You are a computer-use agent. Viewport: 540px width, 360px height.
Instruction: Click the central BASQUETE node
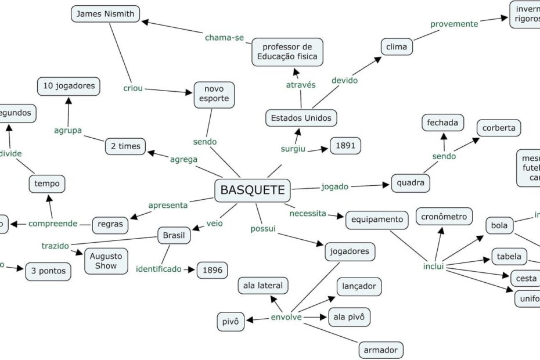253,190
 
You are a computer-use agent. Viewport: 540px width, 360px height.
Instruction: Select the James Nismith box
106,14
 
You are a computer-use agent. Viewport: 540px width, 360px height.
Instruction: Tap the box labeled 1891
345,146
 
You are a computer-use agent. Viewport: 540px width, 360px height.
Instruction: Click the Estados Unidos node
301,118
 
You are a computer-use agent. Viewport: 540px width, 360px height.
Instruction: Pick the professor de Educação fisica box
287,52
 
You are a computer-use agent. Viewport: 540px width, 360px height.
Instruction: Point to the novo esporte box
214,94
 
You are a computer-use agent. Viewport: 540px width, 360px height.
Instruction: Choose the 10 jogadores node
69,86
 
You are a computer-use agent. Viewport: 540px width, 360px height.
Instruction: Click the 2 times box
125,146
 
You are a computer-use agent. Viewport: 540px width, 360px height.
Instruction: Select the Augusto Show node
106,261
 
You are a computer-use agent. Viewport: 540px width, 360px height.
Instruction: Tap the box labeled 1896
212,269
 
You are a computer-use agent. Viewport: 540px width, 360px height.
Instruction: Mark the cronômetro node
444,217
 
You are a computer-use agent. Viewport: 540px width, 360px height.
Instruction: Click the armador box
380,350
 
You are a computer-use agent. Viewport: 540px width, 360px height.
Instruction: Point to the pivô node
231,321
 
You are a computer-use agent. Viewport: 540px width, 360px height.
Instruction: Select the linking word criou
133,88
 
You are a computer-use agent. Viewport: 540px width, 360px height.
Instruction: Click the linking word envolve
286,318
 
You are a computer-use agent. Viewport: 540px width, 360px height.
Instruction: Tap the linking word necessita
307,213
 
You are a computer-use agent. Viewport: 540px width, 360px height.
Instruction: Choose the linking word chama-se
224,38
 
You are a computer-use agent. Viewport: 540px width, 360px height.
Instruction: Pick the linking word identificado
159,269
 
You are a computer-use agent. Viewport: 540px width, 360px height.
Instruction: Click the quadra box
411,183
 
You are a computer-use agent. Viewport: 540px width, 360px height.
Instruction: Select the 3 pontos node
48,271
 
